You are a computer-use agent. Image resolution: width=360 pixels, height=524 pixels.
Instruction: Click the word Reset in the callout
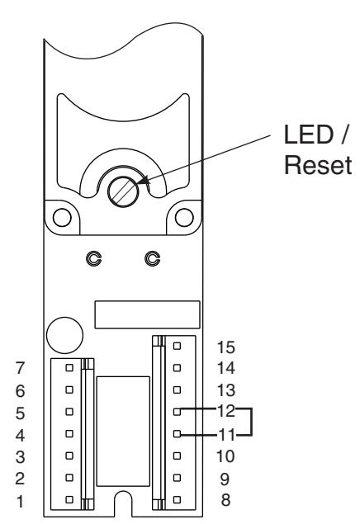pos(318,165)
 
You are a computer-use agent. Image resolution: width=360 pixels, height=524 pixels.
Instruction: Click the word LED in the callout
pos(309,135)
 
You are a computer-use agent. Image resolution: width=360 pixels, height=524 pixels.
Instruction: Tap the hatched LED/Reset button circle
pos(123,191)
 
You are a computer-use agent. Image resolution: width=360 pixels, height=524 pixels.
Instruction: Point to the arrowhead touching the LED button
pos(143,181)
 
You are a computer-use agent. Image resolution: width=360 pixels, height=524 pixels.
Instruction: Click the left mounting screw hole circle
pos(62,217)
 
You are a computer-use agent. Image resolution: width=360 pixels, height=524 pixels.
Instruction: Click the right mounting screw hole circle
pos(184,217)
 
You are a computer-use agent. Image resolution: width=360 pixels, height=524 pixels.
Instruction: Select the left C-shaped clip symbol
pos(94,258)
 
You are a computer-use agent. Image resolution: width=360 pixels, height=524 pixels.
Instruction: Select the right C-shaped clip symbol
pos(153,258)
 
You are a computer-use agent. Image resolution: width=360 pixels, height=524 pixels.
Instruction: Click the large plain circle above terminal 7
pos(64,335)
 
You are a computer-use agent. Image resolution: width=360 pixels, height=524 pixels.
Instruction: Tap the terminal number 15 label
pos(226,347)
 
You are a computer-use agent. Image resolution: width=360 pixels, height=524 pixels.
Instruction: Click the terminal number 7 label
pos(21,368)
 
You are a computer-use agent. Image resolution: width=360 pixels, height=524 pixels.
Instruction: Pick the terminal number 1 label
pos(21,501)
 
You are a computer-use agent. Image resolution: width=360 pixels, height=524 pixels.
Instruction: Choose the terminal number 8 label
pos(225,500)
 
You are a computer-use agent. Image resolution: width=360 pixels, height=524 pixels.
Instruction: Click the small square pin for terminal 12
pos(178,412)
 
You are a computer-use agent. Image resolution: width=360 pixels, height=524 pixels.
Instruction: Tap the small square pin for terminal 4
pos(69,434)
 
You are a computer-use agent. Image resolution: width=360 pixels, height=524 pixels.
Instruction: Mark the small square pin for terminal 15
pos(178,346)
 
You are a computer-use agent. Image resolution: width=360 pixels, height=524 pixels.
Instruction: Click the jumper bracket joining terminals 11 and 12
pos(251,422)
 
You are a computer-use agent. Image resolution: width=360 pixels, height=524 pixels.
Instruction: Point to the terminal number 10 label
pos(225,456)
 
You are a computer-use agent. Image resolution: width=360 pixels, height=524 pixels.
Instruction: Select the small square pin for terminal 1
pos(69,499)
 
